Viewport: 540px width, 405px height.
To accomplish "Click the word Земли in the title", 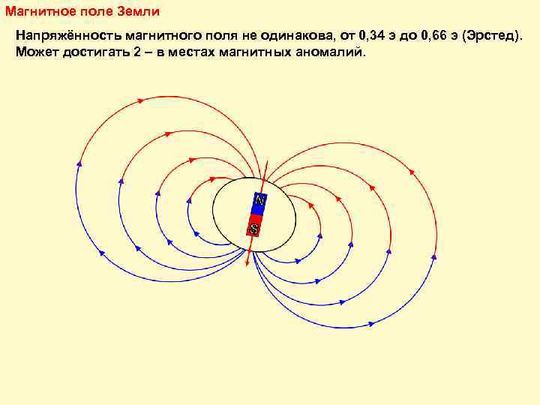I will click(x=139, y=14).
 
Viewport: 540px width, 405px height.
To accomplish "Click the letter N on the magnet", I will click(x=259, y=201).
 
